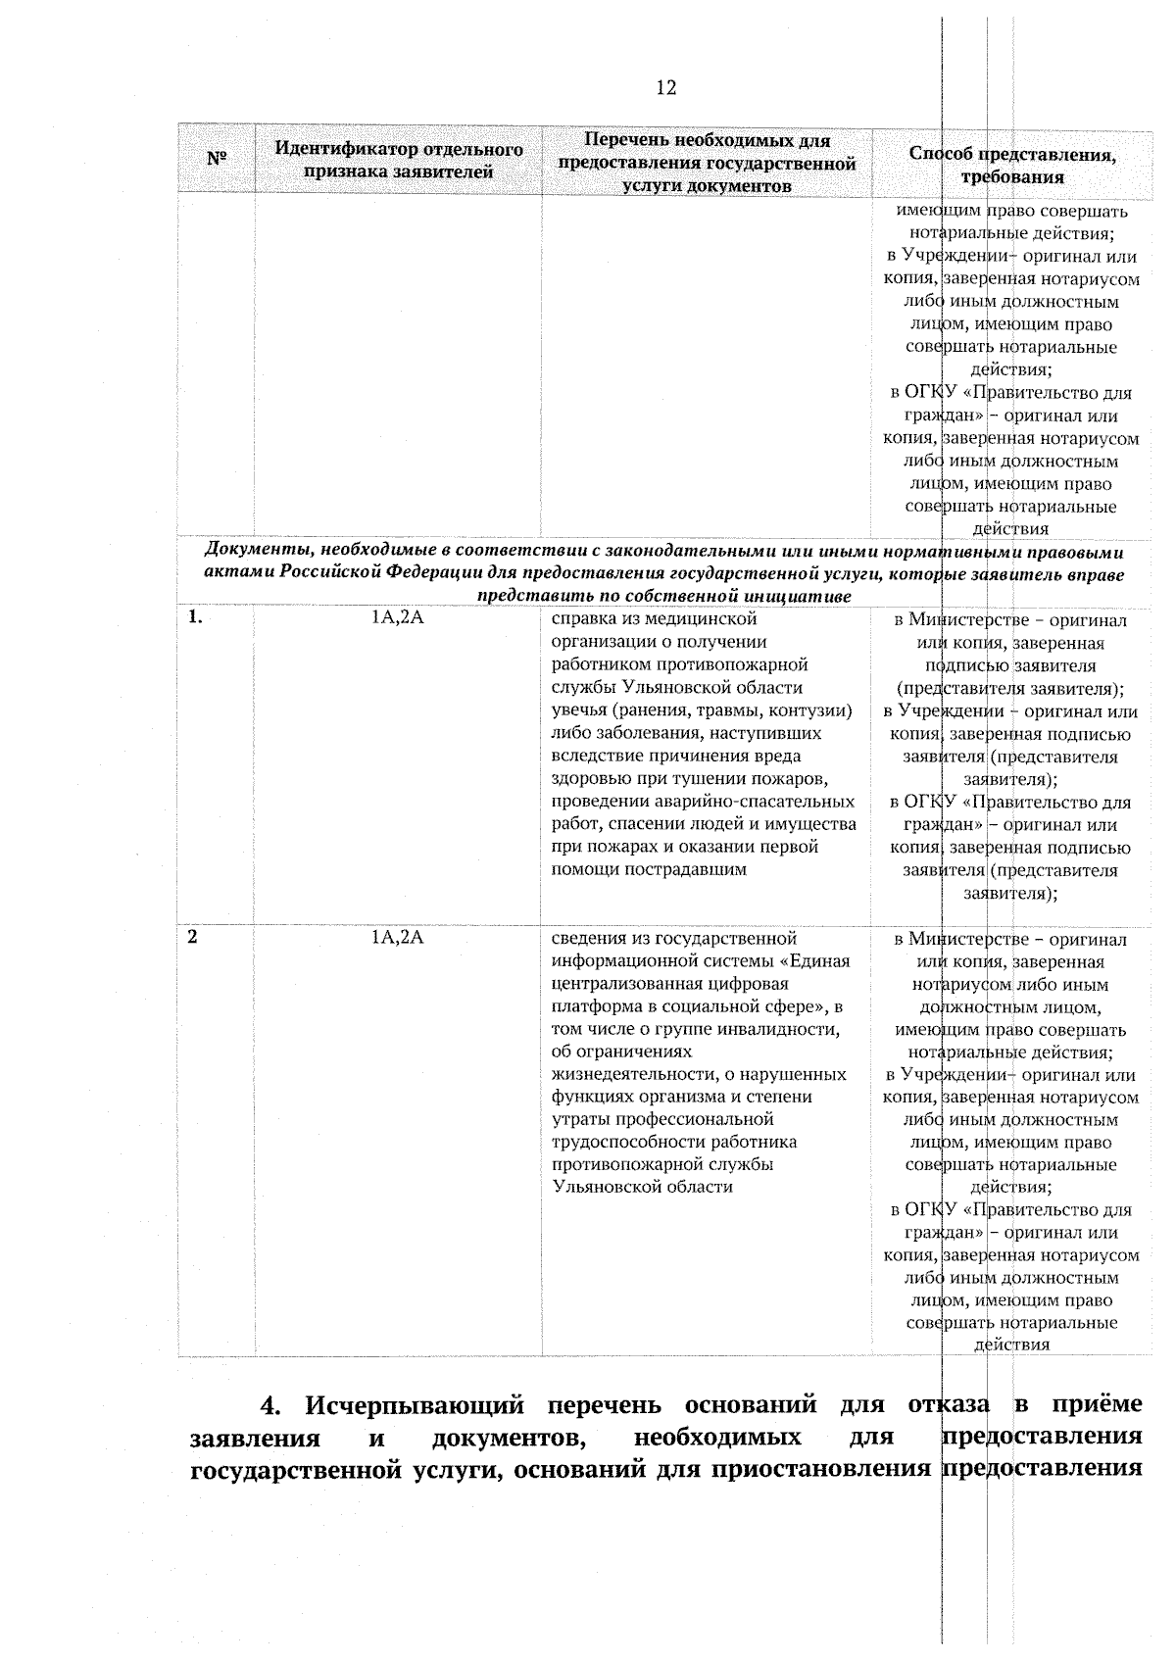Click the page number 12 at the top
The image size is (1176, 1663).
coord(665,88)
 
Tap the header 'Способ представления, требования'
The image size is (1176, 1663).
coord(1012,166)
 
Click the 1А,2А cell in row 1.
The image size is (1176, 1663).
coord(397,618)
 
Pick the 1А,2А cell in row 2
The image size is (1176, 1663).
coord(397,938)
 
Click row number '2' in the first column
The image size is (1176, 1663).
coord(193,937)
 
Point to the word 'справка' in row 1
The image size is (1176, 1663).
coord(580,619)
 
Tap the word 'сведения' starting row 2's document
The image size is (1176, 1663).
coord(586,939)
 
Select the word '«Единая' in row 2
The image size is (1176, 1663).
coord(819,961)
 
